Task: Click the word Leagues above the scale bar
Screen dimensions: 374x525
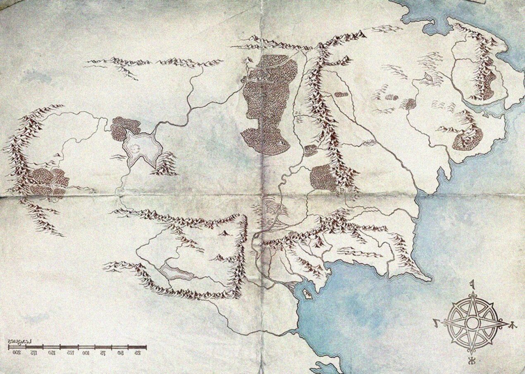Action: (21, 341)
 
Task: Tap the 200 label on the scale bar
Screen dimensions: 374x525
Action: (17, 353)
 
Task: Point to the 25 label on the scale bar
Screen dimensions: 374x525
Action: (138, 353)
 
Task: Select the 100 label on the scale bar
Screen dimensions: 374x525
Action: (86, 353)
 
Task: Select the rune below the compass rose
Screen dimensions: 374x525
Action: (471, 361)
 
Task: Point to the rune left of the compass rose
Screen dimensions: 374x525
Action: (437, 321)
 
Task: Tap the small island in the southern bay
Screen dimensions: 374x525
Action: (307, 294)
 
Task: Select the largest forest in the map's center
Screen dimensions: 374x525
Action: (269, 103)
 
